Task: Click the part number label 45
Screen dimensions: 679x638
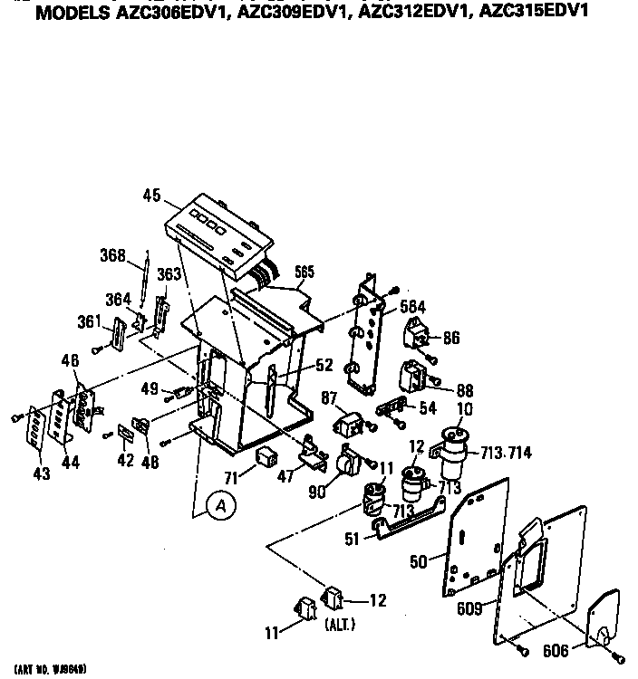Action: [x=151, y=194]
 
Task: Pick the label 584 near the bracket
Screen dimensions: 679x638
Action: [x=411, y=308]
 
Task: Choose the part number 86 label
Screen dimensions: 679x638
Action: [x=450, y=338]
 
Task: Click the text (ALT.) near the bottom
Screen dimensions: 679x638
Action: [x=340, y=626]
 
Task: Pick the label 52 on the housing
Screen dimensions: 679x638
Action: [x=324, y=365]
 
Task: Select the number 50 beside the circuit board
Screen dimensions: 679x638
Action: [x=419, y=562]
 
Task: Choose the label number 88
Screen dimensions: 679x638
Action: [x=464, y=390]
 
